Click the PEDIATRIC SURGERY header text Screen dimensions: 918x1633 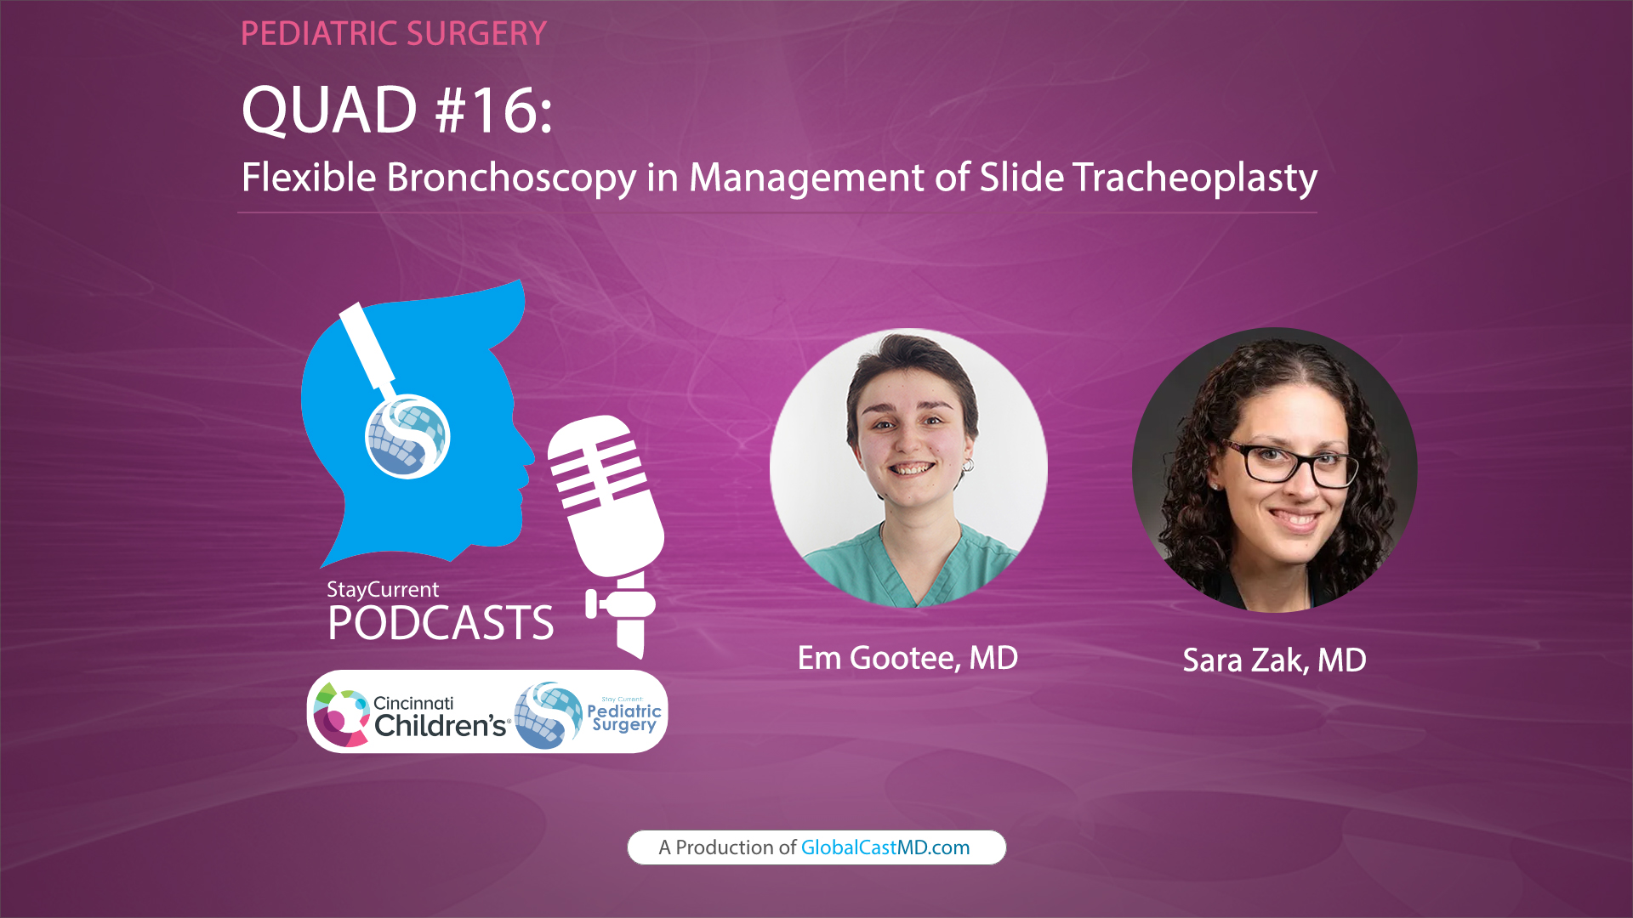(x=393, y=34)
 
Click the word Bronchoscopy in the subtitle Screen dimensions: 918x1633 (x=511, y=178)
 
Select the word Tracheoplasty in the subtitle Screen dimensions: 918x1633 (x=1194, y=178)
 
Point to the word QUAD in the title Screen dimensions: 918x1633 (x=329, y=110)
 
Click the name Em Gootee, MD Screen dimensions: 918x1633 (x=908, y=658)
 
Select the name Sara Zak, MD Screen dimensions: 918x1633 (x=1274, y=660)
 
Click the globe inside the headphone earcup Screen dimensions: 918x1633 (x=407, y=437)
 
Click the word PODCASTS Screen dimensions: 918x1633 (x=441, y=623)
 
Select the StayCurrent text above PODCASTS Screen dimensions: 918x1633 (x=383, y=589)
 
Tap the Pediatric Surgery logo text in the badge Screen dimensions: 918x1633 (x=623, y=717)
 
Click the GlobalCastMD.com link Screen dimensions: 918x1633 (x=885, y=847)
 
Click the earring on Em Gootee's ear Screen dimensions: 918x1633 (x=967, y=465)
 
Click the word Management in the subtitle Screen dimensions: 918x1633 (x=807, y=178)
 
